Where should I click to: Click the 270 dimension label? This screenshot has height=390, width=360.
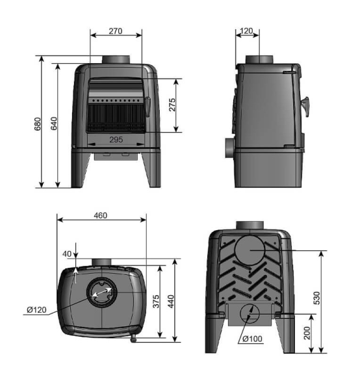click(x=116, y=31)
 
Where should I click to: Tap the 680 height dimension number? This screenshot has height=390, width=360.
click(x=38, y=124)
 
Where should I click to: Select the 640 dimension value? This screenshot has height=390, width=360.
click(x=54, y=123)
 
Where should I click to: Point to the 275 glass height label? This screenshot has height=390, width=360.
click(x=172, y=105)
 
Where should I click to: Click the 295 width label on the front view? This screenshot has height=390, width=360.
click(x=116, y=140)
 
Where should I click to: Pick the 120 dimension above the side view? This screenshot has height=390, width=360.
click(x=246, y=31)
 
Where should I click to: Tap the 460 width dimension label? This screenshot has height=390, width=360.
click(x=101, y=215)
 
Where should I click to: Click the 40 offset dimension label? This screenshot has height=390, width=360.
click(x=67, y=254)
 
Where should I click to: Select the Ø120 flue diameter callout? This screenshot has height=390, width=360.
click(x=37, y=309)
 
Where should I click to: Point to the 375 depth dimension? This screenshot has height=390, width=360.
click(x=156, y=301)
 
